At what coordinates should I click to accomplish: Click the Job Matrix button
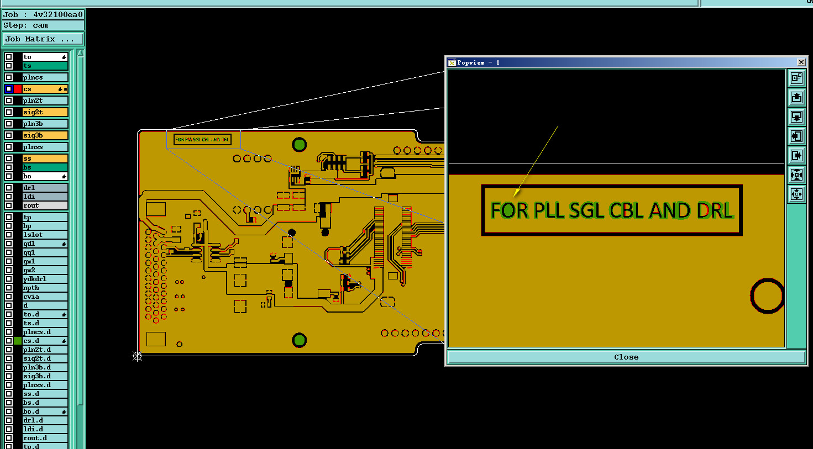click(43, 39)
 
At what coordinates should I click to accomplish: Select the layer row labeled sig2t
click(45, 112)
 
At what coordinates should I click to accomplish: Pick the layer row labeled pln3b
click(45, 124)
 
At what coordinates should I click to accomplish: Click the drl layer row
click(45, 188)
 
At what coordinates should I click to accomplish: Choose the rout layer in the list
click(45, 205)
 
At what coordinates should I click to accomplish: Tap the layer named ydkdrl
click(45, 279)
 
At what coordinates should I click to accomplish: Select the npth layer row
click(45, 288)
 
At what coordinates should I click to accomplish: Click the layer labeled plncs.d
click(45, 332)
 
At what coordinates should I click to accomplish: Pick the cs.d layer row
click(45, 341)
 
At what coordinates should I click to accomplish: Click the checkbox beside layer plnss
click(9, 147)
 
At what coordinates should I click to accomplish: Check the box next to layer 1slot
click(9, 235)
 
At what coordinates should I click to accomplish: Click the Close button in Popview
click(626, 357)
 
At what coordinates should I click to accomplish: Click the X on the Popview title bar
click(801, 62)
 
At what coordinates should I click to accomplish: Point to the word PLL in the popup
click(549, 210)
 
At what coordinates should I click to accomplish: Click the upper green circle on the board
click(299, 145)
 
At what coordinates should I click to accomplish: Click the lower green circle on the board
click(299, 340)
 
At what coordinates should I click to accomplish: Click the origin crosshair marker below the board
click(138, 356)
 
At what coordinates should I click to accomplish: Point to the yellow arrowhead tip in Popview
click(515, 195)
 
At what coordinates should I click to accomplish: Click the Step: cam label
click(26, 25)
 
